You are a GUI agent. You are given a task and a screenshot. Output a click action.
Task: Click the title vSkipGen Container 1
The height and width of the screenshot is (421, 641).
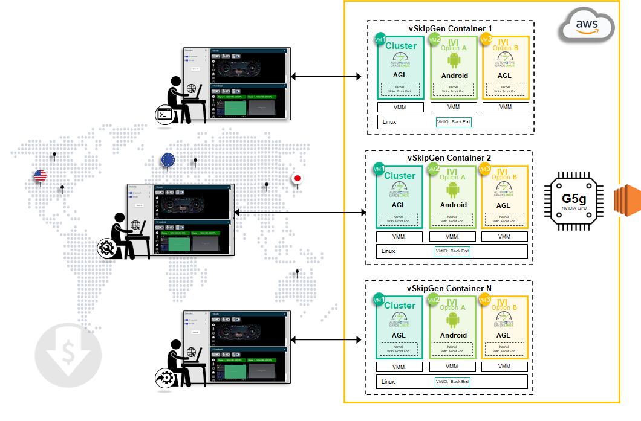[x=451, y=28]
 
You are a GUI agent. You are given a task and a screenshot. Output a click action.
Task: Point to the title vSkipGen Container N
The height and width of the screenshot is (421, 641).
[x=449, y=288]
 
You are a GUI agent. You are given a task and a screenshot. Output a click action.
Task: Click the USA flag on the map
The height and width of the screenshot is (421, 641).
[x=41, y=176]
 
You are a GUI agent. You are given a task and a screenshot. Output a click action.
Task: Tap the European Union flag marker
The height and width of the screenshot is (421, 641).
[x=168, y=160]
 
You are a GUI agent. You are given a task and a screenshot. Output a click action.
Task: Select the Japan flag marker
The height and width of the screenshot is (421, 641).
[x=297, y=178]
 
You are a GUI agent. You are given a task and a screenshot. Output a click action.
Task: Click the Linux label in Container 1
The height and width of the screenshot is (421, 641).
[x=390, y=122]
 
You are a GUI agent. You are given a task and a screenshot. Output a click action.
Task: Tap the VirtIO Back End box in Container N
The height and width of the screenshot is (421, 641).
[x=452, y=382]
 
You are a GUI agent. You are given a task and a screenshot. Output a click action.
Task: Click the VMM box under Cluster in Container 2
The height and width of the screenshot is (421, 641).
[x=399, y=237]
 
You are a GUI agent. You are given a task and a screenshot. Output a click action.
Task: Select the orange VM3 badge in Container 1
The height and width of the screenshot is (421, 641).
[x=485, y=39]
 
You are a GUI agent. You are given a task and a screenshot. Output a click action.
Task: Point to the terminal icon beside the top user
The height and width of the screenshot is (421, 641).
[x=164, y=114]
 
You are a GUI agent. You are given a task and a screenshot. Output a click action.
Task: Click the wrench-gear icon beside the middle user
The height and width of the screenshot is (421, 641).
[x=107, y=248]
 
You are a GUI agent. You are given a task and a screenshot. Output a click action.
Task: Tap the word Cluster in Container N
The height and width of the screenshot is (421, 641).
[x=400, y=306]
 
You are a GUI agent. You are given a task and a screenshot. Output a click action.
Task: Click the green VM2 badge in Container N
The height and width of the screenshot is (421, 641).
[x=434, y=300]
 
